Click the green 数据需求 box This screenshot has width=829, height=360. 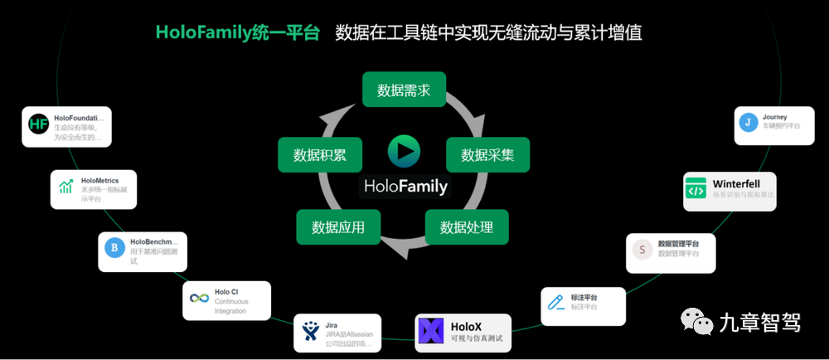click(404, 90)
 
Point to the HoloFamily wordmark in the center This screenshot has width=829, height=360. click(405, 186)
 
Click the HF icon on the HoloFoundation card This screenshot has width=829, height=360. click(39, 125)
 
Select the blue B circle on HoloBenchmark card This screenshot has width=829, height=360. click(113, 246)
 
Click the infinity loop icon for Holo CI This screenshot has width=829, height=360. click(199, 299)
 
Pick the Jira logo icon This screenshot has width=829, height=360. click(310, 333)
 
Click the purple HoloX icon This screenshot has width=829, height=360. click(431, 332)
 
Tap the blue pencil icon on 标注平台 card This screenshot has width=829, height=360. click(555, 303)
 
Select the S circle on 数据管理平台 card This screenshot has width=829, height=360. click(641, 249)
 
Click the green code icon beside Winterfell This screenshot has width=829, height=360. click(695, 187)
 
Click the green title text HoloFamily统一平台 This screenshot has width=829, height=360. click(238, 33)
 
